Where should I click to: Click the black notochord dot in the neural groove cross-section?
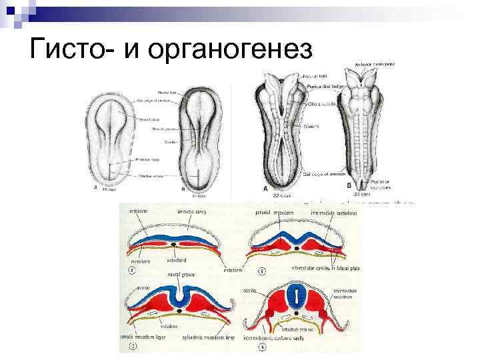coord(181,311)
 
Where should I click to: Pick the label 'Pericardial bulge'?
coord(326,87)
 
